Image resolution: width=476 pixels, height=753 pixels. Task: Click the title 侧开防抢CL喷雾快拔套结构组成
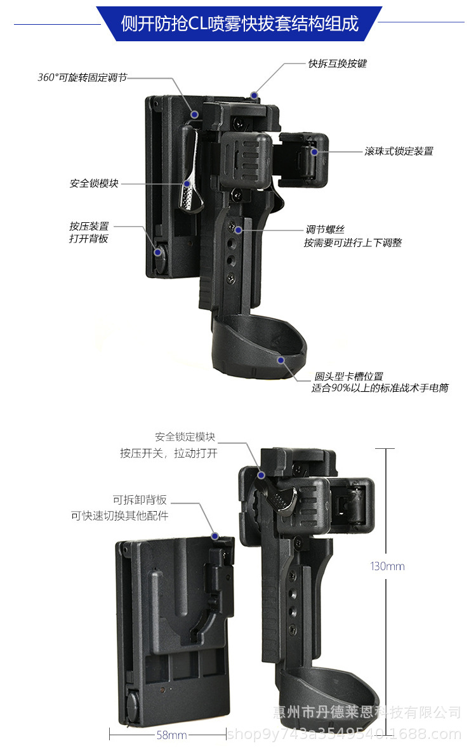point(239,23)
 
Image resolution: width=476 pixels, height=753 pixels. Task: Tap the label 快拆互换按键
point(337,63)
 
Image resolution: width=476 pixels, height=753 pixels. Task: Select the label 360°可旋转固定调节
point(82,77)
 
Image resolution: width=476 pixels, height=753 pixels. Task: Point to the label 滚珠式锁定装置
point(399,151)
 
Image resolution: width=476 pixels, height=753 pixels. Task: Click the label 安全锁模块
point(94,183)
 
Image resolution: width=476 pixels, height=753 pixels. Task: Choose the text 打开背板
point(89,239)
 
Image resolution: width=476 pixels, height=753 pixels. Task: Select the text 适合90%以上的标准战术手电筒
point(380,388)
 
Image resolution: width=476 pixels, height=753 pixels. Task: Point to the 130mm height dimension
point(387,566)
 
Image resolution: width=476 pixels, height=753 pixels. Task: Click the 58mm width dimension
point(171,735)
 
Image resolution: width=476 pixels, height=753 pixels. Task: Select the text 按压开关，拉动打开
point(169,453)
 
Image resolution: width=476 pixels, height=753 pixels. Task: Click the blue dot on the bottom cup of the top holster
point(281,359)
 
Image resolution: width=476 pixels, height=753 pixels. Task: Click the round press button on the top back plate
point(158,253)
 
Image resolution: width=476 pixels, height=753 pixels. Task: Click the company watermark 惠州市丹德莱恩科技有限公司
point(366,712)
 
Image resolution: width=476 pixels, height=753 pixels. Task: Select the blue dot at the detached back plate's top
point(216,536)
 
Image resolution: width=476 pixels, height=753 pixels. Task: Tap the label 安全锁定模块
point(185,437)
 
